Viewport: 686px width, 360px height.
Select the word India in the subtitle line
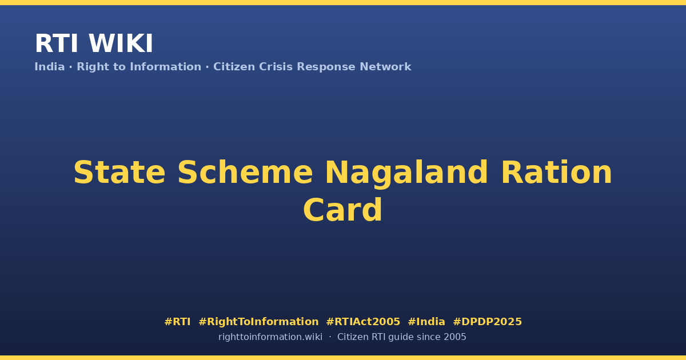click(50, 67)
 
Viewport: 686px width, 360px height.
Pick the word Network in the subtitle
click(385, 67)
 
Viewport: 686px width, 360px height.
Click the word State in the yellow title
click(119, 173)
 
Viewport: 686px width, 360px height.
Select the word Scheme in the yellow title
click(245, 173)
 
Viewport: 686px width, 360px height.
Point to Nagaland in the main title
click(406, 174)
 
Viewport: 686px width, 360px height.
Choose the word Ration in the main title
click(556, 173)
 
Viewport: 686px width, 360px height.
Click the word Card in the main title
click(342, 210)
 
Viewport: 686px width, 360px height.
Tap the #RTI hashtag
click(177, 322)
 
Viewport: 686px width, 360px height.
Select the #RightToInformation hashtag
click(258, 322)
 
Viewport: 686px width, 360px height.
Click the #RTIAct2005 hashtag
click(363, 322)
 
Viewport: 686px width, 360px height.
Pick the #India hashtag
click(426, 322)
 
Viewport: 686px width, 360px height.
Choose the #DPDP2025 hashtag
click(487, 322)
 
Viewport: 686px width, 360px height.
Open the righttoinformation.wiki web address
click(270, 337)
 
